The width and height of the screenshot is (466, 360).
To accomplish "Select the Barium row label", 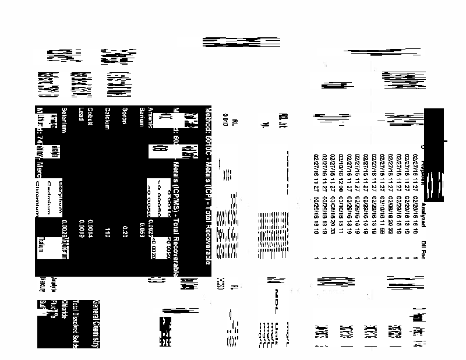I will (x=141, y=114).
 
